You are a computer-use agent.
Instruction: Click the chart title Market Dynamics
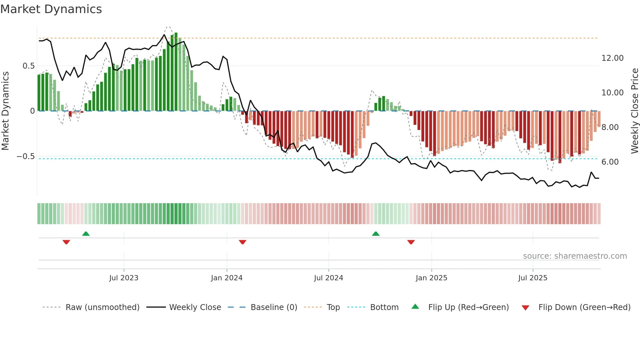51,9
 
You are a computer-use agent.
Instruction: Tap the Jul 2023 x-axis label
124,278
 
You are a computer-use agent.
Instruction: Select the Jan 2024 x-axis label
227,278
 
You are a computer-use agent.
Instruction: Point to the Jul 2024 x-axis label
328,278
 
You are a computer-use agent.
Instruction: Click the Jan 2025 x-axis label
431,278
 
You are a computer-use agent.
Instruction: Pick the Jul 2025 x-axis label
533,278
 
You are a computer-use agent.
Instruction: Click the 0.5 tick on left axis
29,66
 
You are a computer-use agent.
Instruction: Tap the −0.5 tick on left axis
26,156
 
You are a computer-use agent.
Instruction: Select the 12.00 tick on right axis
612,58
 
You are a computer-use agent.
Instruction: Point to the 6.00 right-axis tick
610,162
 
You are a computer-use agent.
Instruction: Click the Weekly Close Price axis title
634,111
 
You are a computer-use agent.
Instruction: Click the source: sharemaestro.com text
575,256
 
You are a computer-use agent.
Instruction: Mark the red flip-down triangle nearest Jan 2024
242,242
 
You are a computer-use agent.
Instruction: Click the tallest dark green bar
176,72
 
